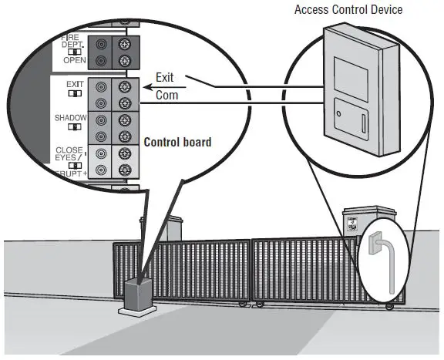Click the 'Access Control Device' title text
pos(348,9)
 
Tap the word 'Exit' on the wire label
pos(165,78)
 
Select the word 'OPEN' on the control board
pos(75,59)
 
